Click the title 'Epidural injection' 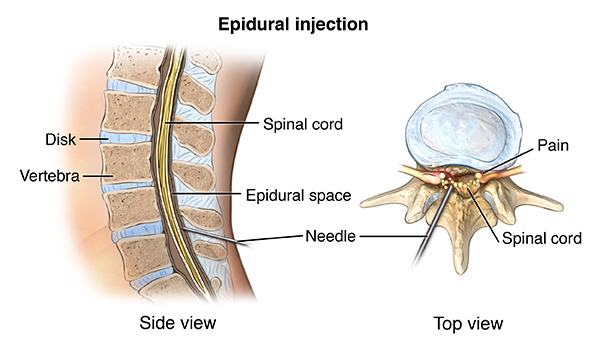pos(293,24)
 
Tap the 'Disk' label pos(60,139)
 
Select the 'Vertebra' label pos(50,176)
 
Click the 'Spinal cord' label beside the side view pos(303,124)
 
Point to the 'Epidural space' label pos(298,195)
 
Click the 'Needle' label pos(331,236)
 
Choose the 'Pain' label pos(553,145)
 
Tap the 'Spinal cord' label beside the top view pos(542,238)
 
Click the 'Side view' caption pos(178,323)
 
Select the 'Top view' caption pos(468,323)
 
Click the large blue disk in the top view pos(463,127)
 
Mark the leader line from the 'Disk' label pos(91,139)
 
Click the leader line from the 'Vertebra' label pos(98,176)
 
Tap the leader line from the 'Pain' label pos(506,161)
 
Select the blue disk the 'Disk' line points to pos(125,137)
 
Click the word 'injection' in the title pos(331,24)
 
